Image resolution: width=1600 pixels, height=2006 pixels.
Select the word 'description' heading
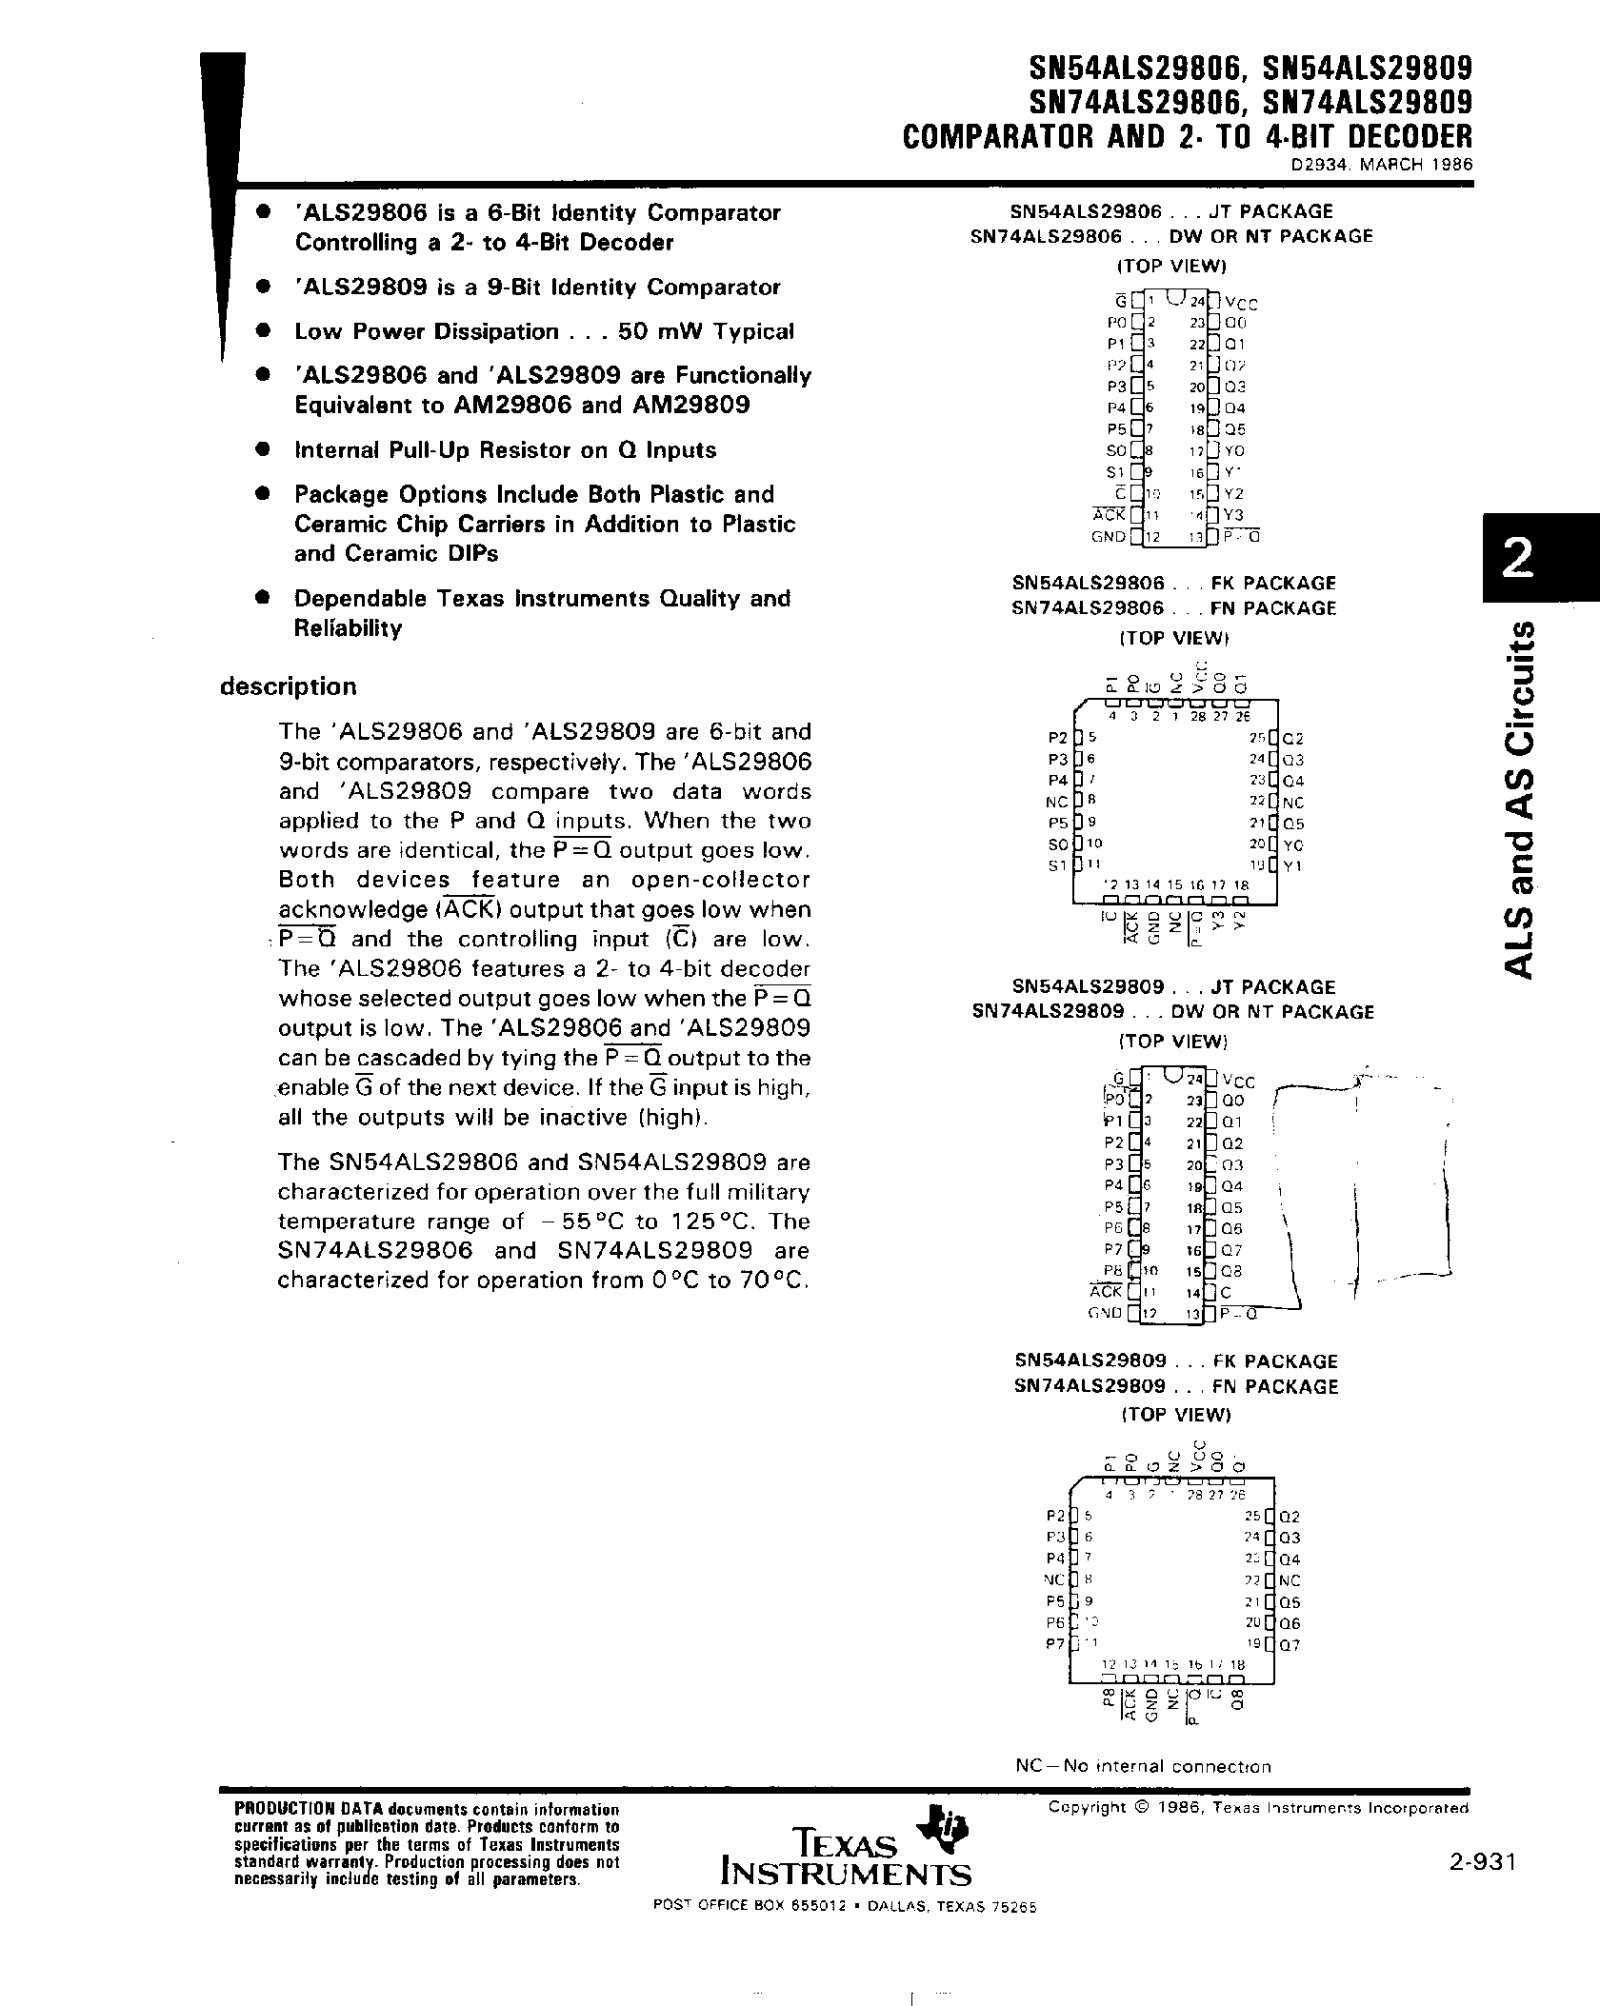click(x=288, y=686)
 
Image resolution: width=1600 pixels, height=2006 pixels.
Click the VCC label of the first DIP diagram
click(x=1241, y=304)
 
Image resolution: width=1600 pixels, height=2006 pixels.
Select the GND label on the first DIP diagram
click(x=1108, y=537)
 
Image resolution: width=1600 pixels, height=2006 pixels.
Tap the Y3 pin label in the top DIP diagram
click(x=1233, y=515)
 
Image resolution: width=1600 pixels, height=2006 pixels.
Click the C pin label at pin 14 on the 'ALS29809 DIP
click(x=1226, y=1292)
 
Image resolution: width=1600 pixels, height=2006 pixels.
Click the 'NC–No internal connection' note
click(x=1143, y=1766)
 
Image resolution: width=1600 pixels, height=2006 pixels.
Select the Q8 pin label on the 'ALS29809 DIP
click(x=1232, y=1271)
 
